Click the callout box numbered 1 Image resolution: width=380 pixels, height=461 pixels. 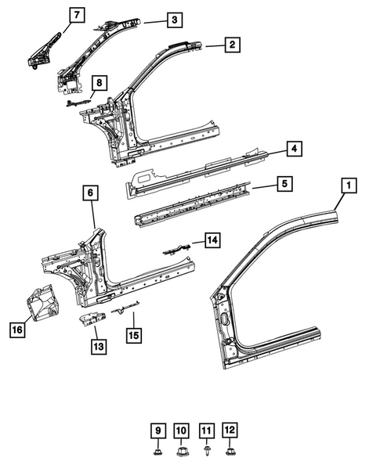tap(349, 185)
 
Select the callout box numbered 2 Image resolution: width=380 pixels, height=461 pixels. tap(231, 45)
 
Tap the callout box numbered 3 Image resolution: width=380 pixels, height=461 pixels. tap(174, 20)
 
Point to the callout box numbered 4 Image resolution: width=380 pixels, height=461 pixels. tap(292, 148)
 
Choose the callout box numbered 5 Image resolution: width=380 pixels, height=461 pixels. tap(286, 185)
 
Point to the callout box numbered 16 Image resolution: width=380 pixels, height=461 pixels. tap(16, 331)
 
